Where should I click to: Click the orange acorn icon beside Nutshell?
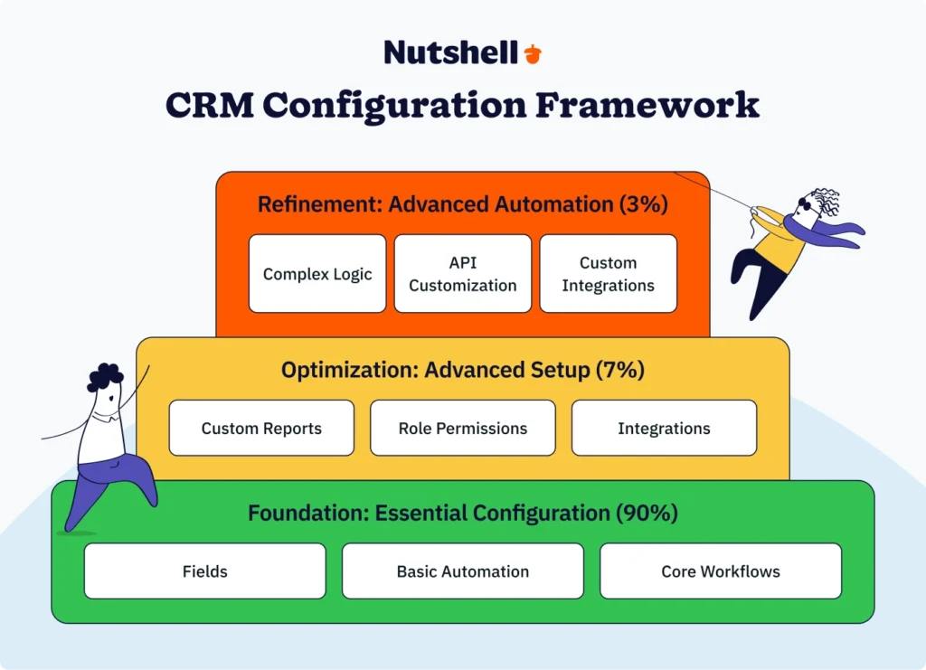click(533, 53)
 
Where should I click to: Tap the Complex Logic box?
click(317, 274)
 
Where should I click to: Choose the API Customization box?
click(463, 274)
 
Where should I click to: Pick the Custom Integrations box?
click(608, 274)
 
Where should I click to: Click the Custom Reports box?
click(261, 428)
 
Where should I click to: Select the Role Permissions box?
click(463, 428)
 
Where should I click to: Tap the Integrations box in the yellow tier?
click(664, 428)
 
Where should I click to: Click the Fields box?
click(205, 571)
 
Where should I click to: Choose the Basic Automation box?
click(463, 571)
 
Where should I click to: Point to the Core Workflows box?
click(721, 571)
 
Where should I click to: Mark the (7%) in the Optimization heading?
click(619, 370)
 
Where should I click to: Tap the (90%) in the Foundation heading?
click(647, 513)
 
